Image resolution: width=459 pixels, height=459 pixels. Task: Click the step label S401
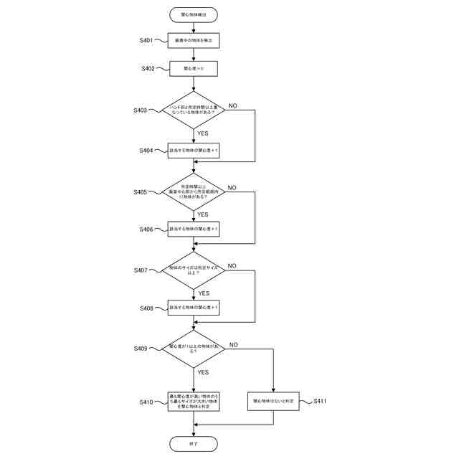point(146,41)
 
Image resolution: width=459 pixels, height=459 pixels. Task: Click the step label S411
point(320,401)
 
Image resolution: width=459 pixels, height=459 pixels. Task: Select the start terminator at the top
point(194,14)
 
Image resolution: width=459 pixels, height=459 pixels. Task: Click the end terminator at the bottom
point(194,445)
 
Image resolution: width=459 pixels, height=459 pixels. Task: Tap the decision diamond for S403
point(194,110)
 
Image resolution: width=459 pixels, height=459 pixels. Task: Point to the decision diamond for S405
point(194,191)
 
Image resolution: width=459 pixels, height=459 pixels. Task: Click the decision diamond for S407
point(194,270)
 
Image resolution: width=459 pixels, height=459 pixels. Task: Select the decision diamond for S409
point(194,348)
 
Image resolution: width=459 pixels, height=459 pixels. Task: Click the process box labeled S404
point(194,151)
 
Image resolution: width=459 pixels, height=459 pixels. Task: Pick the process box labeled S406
point(194,229)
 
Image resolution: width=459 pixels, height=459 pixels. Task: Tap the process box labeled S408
point(194,308)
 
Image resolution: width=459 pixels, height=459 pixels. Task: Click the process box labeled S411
point(274,400)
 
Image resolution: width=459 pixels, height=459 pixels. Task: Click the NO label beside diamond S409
point(233,345)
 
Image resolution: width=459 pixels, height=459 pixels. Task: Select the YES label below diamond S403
point(203,133)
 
